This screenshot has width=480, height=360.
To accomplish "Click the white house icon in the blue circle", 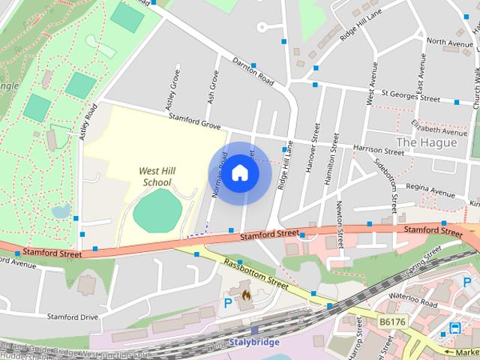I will pos(239,172).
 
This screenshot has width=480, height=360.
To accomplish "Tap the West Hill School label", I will pos(156,176).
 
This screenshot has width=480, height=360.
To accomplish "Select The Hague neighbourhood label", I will pos(421,142).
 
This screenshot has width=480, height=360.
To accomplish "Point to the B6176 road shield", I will pos(392,322).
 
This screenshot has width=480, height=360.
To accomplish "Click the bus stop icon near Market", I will pos(454,328).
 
